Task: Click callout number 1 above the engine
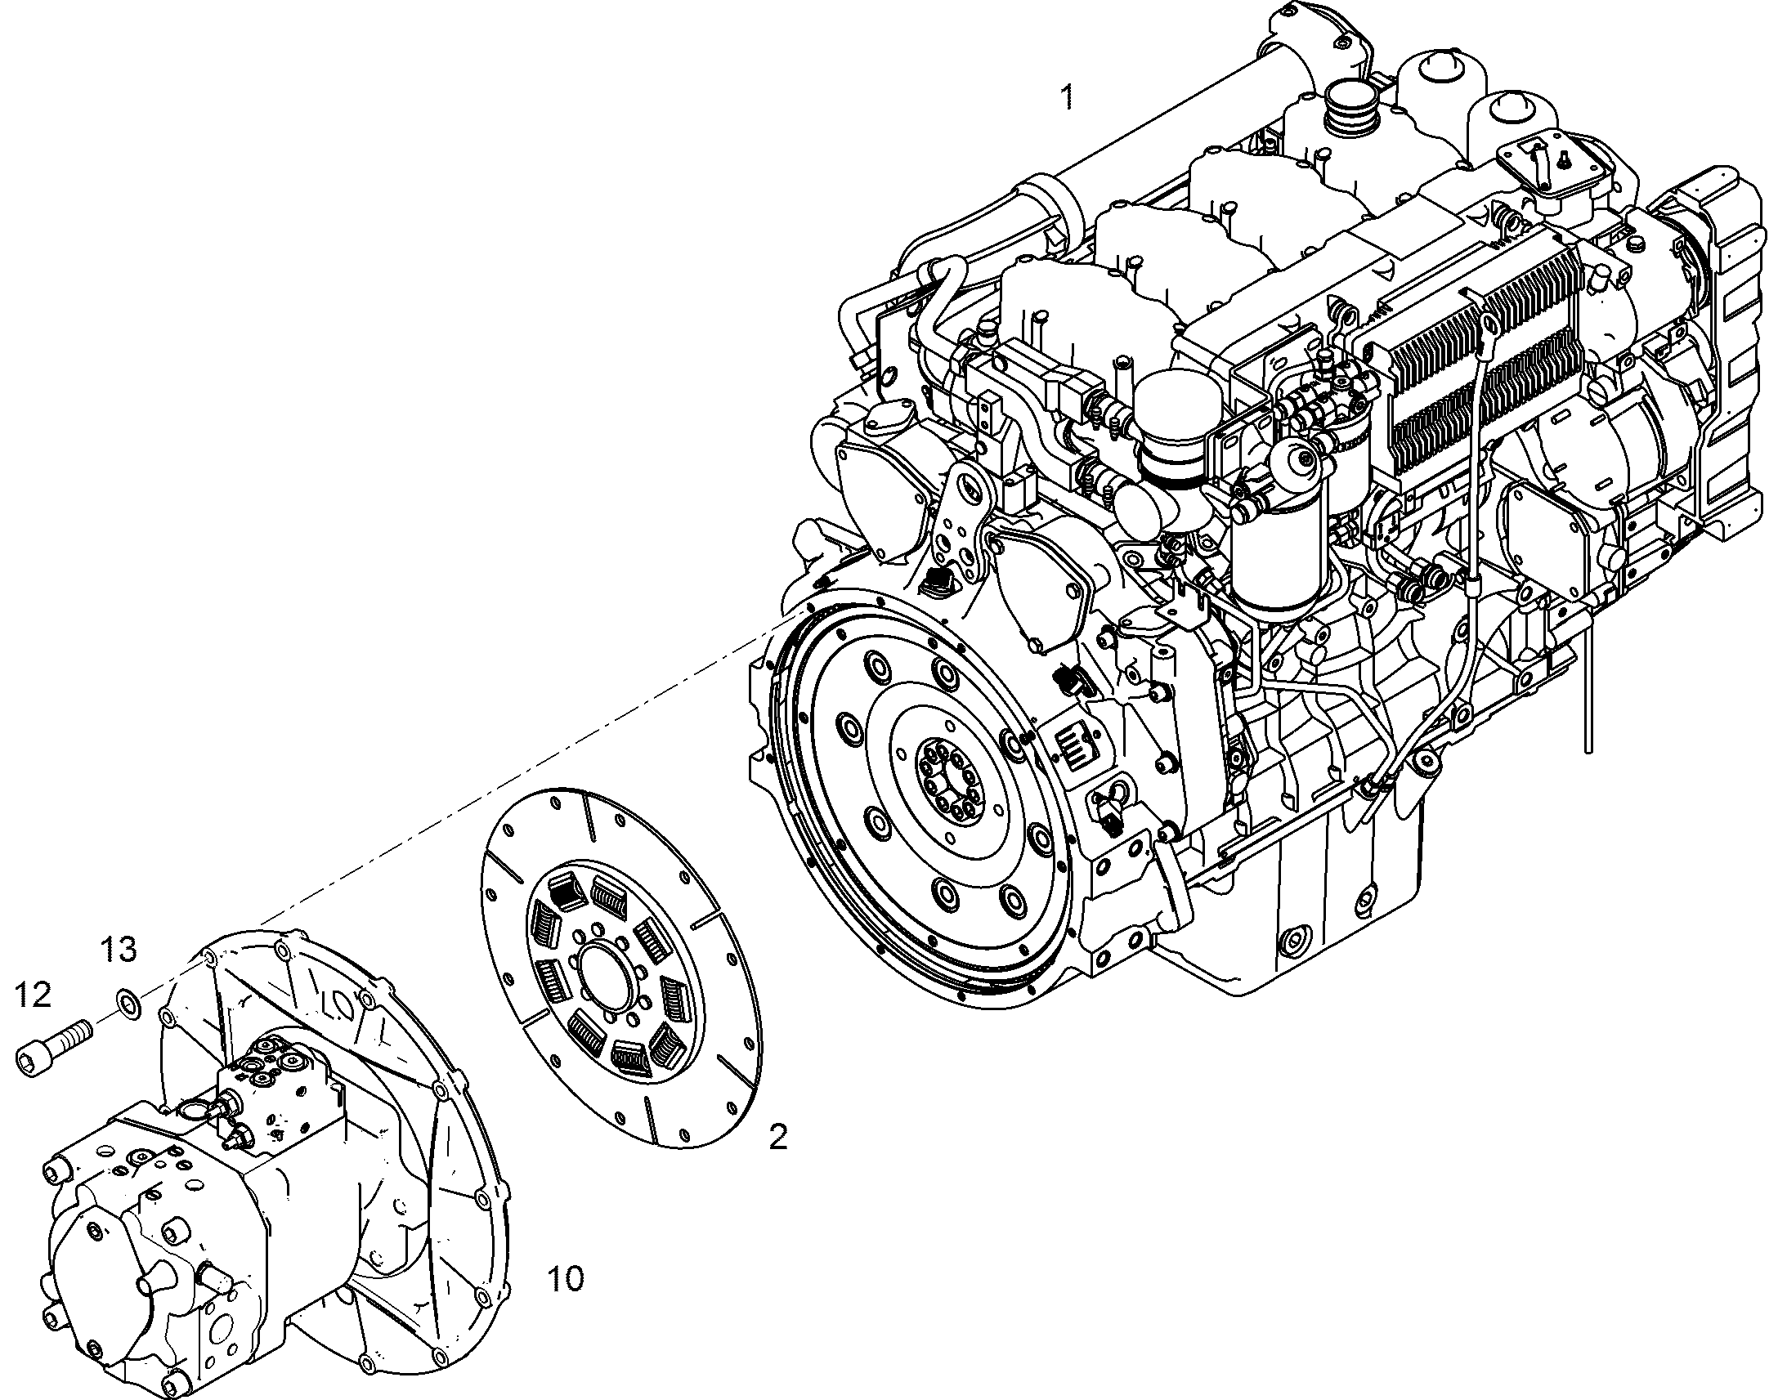coord(1067,97)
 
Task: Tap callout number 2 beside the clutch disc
coord(777,1136)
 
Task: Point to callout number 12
coord(33,995)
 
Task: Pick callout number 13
coord(119,950)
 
